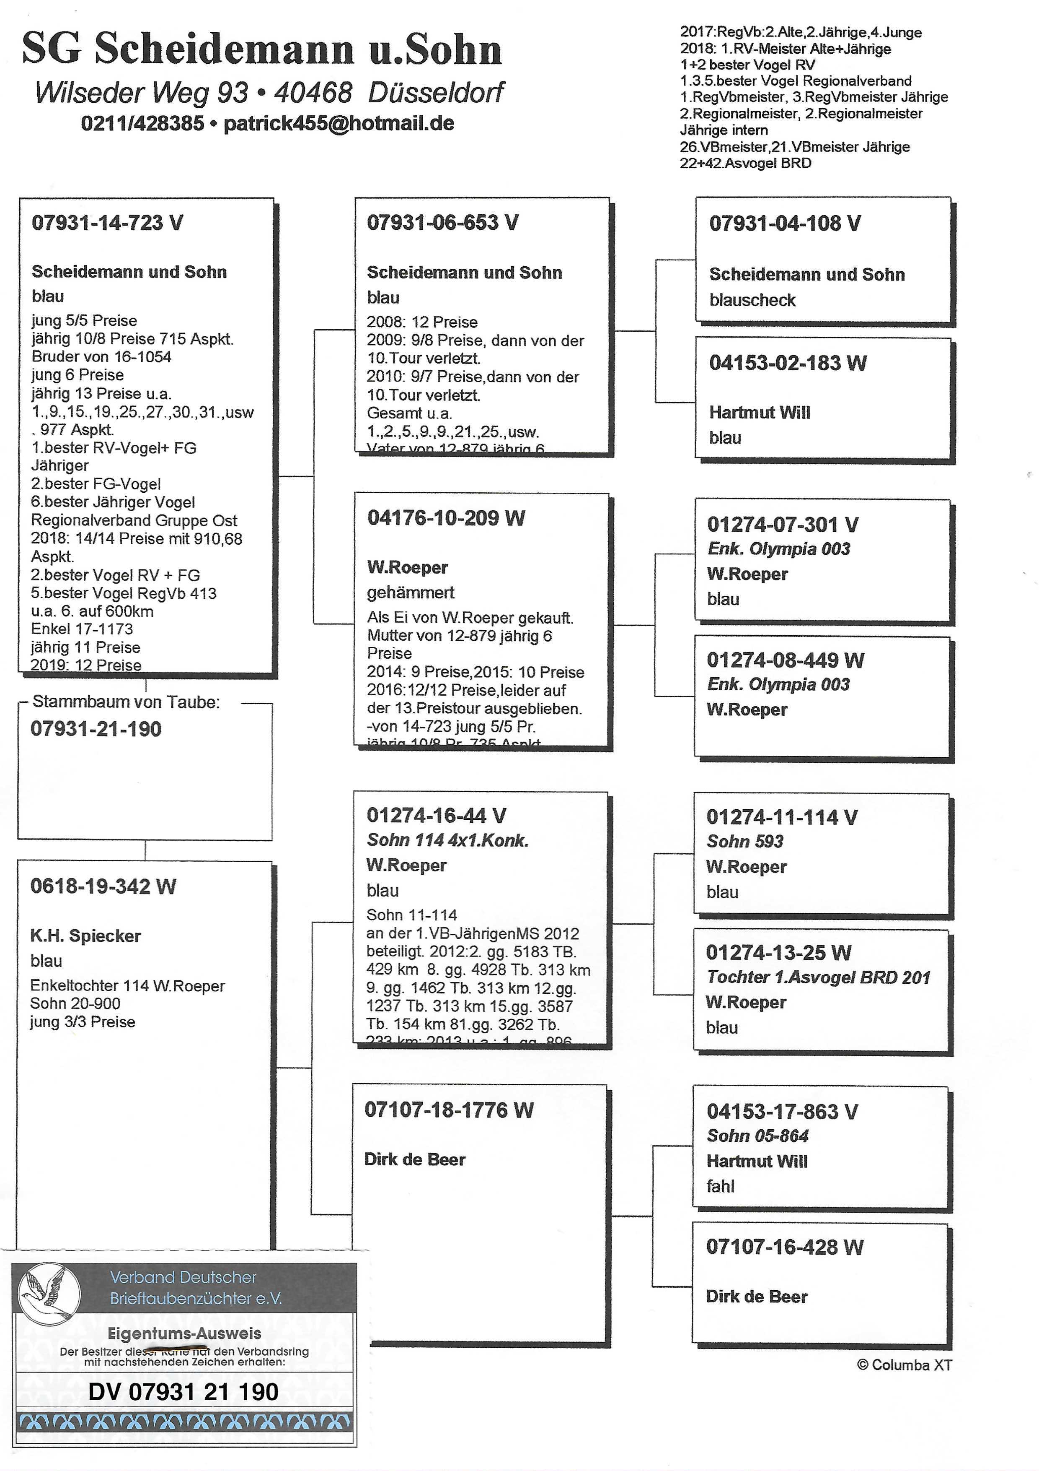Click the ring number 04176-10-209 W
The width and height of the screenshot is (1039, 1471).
446,518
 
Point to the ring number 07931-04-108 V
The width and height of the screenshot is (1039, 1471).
784,223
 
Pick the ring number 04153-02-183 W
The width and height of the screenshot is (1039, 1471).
787,363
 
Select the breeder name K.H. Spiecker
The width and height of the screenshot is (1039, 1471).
85,936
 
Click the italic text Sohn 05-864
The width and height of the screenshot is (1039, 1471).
757,1136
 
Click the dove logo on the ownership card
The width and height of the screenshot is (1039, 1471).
49,1291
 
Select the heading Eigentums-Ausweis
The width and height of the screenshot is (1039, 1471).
184,1333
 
